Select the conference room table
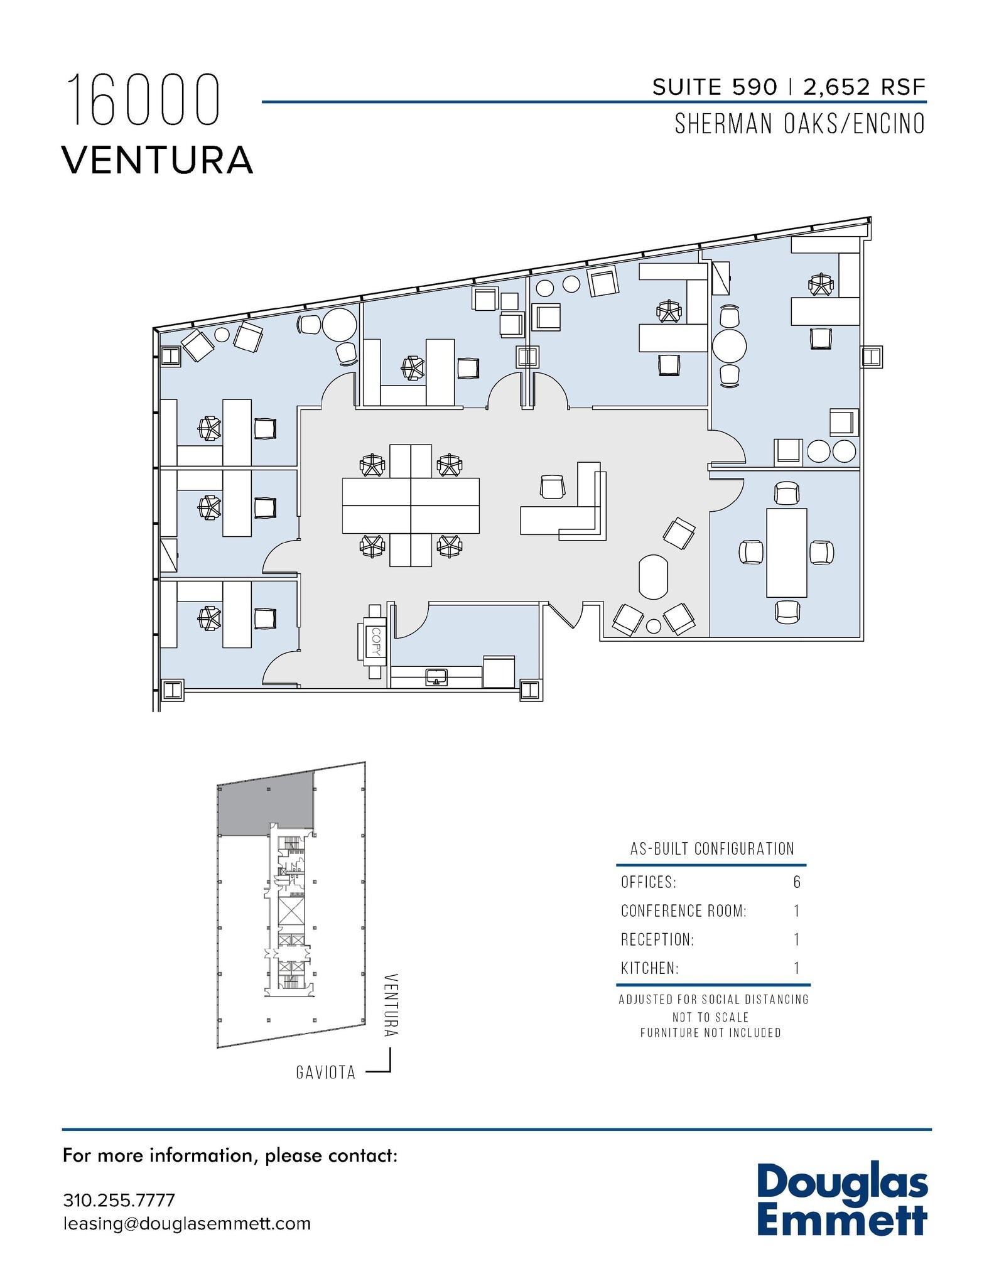[x=786, y=553]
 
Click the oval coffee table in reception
[x=653, y=577]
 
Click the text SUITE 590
[x=715, y=87]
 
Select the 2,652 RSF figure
[x=865, y=87]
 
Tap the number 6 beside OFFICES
[x=797, y=882]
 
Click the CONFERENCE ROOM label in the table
[x=683, y=911]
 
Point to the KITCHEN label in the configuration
[x=650, y=968]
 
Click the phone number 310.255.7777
[x=119, y=1200]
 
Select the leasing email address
[x=186, y=1224]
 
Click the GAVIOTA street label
[x=326, y=1073]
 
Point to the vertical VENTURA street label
[x=391, y=1005]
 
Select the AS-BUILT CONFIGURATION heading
[x=712, y=849]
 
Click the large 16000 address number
[x=143, y=100]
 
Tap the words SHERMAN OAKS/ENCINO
[x=799, y=124]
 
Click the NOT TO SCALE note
[x=710, y=1017]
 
